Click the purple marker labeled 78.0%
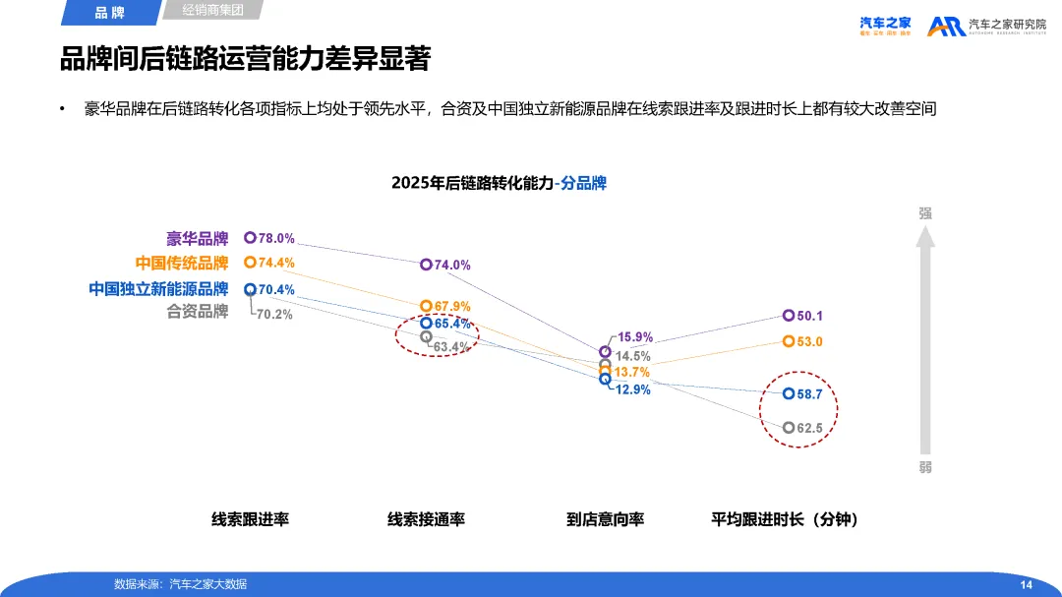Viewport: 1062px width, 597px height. pos(250,237)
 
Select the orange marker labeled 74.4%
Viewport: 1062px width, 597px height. pos(250,263)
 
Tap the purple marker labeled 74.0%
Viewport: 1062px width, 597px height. pos(426,265)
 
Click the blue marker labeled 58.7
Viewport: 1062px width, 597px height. pos(789,393)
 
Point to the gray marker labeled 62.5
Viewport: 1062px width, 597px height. pos(789,428)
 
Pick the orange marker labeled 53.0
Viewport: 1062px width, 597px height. pos(789,341)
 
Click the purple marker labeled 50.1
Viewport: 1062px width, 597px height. pos(789,316)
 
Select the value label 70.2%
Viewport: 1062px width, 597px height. pos(274,315)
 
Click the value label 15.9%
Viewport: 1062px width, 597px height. pos(635,337)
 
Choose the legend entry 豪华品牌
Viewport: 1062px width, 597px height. pos(197,238)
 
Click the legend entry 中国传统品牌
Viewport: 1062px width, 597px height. pos(182,264)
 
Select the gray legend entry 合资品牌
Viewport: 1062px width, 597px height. pos(197,312)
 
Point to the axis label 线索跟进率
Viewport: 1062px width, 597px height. pos(250,519)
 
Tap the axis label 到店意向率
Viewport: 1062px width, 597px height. pos(605,519)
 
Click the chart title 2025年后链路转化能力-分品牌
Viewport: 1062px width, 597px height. pos(499,183)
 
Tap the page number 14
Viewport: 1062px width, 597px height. pos(1026,585)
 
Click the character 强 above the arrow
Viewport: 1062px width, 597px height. pos(924,212)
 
